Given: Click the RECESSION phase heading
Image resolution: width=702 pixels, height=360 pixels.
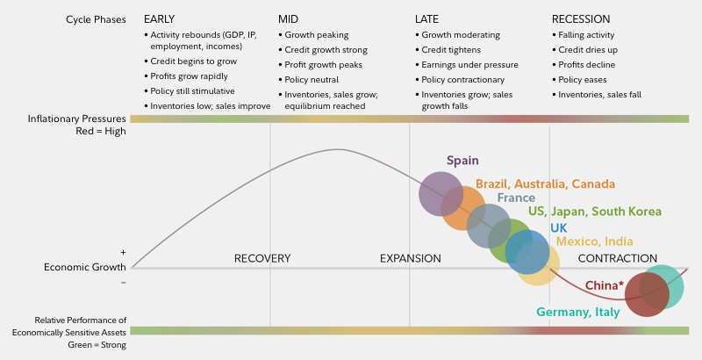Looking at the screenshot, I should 581,18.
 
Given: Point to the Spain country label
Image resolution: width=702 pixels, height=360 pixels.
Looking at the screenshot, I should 462,161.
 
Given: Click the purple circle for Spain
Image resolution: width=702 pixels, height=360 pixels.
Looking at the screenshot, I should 439,194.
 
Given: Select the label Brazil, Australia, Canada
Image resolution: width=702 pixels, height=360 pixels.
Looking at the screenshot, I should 545,184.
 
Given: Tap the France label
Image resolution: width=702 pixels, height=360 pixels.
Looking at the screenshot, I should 516,198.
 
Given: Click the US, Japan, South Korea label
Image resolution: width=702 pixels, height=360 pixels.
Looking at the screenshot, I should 594,212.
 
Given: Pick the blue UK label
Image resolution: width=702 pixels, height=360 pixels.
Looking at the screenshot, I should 558,227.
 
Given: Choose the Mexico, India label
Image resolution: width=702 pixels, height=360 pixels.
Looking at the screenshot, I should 594,241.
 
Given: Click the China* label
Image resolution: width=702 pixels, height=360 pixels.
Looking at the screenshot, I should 605,285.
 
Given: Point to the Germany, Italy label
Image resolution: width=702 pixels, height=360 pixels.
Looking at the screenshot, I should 578,312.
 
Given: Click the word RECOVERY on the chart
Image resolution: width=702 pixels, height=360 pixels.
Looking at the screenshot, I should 262,258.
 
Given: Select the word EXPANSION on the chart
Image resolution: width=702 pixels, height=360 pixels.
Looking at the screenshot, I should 410,258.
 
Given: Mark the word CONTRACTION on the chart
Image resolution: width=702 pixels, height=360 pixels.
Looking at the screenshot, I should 617,258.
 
